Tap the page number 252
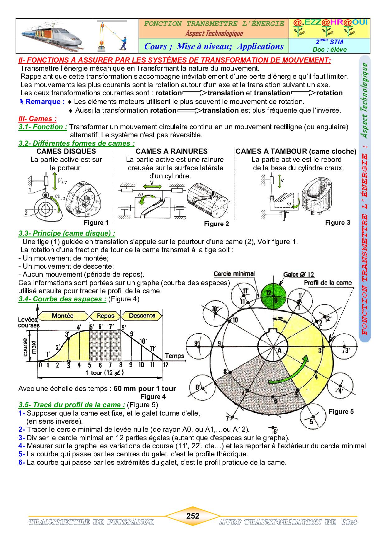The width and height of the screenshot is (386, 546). [193, 516]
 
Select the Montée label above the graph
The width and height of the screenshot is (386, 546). [63, 315]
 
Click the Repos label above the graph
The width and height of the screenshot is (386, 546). [106, 316]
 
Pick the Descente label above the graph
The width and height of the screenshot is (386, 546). [142, 315]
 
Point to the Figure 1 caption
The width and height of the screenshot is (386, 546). [96, 223]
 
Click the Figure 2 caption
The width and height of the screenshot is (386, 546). [216, 224]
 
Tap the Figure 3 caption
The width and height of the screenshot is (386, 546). [337, 223]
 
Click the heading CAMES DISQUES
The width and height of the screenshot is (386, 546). [66, 152]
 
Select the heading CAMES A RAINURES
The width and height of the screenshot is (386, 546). [172, 152]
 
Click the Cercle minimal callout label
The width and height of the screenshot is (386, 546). [234, 274]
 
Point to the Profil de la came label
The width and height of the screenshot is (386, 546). [328, 283]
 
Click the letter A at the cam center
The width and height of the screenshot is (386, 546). [279, 351]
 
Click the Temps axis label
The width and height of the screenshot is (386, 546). [174, 355]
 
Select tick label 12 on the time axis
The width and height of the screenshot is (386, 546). [166, 365]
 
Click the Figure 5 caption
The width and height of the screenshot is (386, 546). [341, 412]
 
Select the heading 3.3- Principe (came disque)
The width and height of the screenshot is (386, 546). [67, 233]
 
